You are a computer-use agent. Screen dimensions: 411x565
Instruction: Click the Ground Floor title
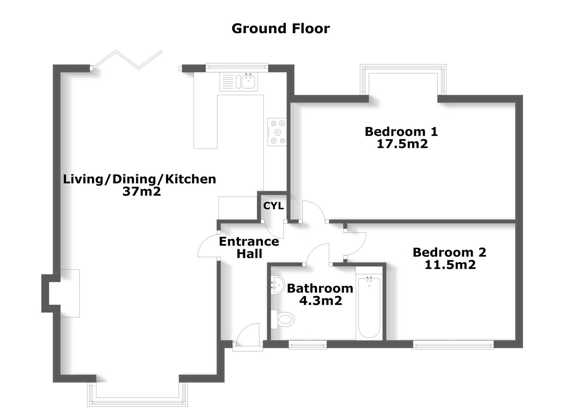pyautogui.click(x=280, y=29)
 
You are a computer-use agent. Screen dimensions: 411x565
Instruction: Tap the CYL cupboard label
pyautogui.click(x=273, y=206)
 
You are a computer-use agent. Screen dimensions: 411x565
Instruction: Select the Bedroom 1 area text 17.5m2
pyautogui.click(x=402, y=144)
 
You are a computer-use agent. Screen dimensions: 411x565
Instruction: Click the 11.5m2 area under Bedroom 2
pyautogui.click(x=450, y=264)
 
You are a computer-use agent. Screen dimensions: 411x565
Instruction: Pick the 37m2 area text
pyautogui.click(x=142, y=191)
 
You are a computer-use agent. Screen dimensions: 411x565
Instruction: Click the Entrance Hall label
pyautogui.click(x=249, y=247)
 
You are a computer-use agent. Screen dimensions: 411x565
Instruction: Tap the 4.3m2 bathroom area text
pyautogui.click(x=320, y=301)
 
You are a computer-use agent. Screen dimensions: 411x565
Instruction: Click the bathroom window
pyautogui.click(x=307, y=346)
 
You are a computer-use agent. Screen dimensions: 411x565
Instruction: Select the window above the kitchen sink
pyautogui.click(x=236, y=67)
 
